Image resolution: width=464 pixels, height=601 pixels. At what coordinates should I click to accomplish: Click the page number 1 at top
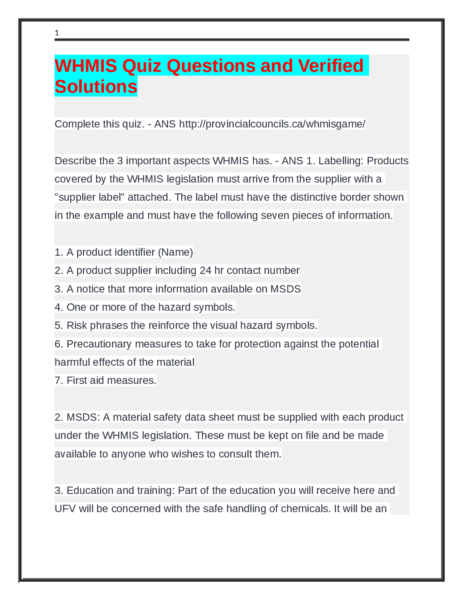point(57,33)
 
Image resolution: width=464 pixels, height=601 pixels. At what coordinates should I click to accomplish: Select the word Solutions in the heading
point(96,87)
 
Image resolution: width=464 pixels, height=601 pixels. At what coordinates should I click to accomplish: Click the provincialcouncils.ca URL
point(272,124)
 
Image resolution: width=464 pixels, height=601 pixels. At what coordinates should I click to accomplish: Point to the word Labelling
point(340,161)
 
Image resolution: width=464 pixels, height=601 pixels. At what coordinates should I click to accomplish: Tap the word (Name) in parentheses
point(175,252)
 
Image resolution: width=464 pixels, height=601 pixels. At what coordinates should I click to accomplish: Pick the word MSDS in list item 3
point(286,289)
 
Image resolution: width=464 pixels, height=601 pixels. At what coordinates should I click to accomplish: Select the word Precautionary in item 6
point(99,344)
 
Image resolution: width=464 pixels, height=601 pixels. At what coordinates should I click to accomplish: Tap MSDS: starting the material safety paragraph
point(83,417)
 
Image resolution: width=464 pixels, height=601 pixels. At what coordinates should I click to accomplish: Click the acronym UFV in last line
point(65,509)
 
